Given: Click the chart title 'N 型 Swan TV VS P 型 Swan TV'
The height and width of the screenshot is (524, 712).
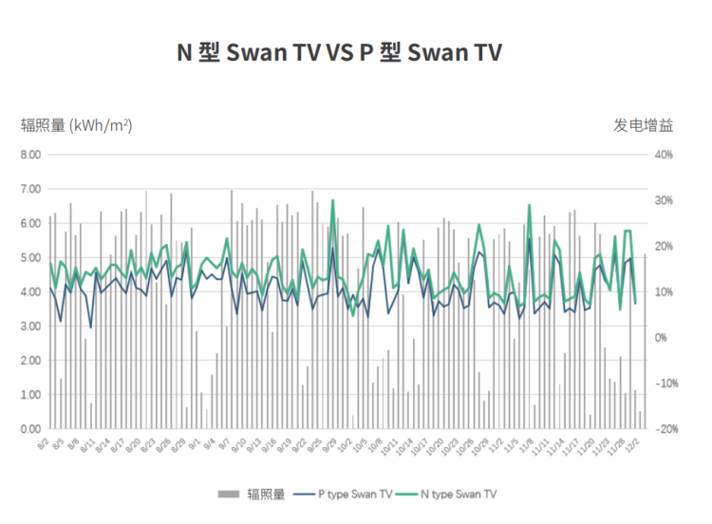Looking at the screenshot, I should coord(339,52).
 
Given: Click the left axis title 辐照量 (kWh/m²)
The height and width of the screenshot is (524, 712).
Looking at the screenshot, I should coord(77,124).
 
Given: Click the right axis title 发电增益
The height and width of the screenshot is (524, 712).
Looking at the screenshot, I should coord(643,124).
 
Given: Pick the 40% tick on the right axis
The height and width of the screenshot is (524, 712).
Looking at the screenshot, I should coord(663,155).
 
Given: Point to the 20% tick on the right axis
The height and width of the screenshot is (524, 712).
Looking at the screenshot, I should coord(663,246).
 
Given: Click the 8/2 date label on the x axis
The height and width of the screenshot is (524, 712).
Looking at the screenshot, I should coord(44,443).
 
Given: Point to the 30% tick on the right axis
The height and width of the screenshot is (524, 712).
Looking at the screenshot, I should coord(663,200).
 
